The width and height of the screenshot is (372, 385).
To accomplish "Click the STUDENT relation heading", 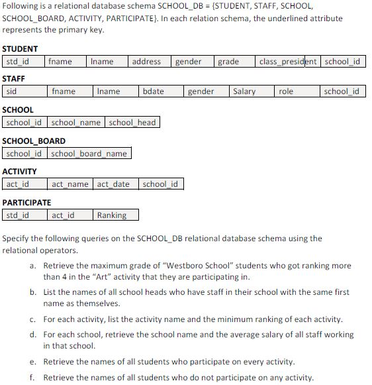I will point(20,49).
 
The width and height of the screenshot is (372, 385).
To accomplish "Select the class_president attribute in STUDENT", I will point(288,62).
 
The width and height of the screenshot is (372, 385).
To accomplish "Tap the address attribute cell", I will point(146,62).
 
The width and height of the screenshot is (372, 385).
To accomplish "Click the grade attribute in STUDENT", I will point(228,62).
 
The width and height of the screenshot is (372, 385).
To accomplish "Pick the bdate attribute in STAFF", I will point(153,91).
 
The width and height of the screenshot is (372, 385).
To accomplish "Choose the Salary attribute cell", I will point(244,91).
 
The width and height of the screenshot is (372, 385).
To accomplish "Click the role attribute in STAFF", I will point(286,91).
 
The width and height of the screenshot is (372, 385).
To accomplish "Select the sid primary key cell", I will point(11,91).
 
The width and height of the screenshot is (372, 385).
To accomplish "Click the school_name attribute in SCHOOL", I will point(76,123).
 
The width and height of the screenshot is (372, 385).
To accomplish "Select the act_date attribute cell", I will point(114,184).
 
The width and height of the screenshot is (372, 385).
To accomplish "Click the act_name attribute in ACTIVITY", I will point(70,184).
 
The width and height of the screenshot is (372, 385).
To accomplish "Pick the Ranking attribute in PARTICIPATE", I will point(112,215).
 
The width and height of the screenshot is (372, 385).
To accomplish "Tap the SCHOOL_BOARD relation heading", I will point(34,141).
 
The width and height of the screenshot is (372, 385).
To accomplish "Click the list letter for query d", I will point(32,335).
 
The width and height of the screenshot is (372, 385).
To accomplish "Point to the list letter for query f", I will point(32,378).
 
